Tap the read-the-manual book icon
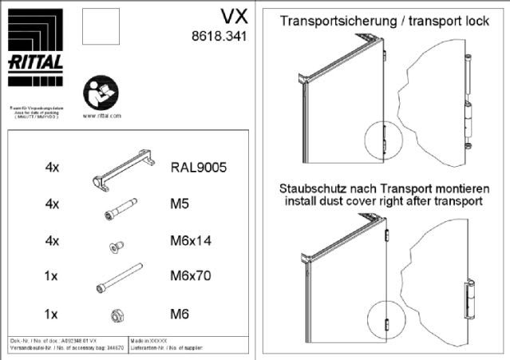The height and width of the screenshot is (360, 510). point(101,94)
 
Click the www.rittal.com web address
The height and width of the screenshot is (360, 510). point(101,116)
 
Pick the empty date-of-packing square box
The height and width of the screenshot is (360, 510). point(101,29)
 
